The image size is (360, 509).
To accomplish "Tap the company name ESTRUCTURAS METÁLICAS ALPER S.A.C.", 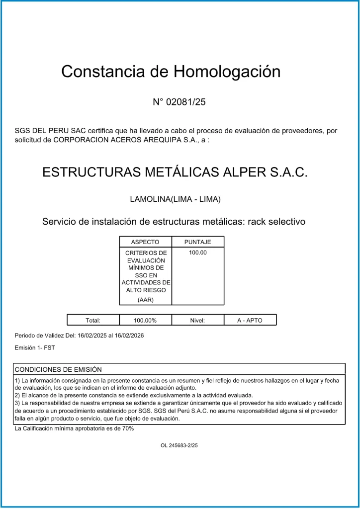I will pyautogui.click(x=175, y=172).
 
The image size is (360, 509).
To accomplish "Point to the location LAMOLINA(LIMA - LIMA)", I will pyautogui.click(x=175, y=199).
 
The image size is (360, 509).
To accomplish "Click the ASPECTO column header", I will pyautogui.click(x=145, y=242).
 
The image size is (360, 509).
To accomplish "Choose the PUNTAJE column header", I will pyautogui.click(x=198, y=242).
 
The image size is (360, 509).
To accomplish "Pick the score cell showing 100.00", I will pyautogui.click(x=198, y=253).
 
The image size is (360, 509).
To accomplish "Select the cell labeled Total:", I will pyautogui.click(x=93, y=320).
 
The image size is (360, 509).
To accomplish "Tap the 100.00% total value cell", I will pyautogui.click(x=145, y=320).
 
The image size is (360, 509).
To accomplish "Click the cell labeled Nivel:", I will pyautogui.click(x=197, y=320).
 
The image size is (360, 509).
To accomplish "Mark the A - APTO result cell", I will pyautogui.click(x=250, y=320).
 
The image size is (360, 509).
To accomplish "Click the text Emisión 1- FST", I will pyautogui.click(x=35, y=348).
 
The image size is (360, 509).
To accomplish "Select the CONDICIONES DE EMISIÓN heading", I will pyautogui.click(x=58, y=369).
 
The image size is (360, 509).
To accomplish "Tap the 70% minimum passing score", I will pyautogui.click(x=128, y=428).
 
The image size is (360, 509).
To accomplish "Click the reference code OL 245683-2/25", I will pyautogui.click(x=179, y=446).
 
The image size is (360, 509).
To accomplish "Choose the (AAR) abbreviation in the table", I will pyautogui.click(x=145, y=300).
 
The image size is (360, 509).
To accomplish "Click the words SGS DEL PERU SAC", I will pyautogui.click(x=46, y=131).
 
